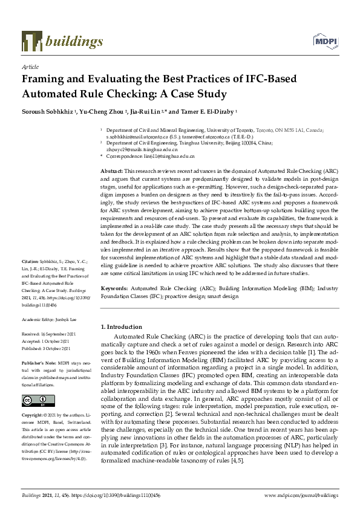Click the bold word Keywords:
(113, 289)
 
